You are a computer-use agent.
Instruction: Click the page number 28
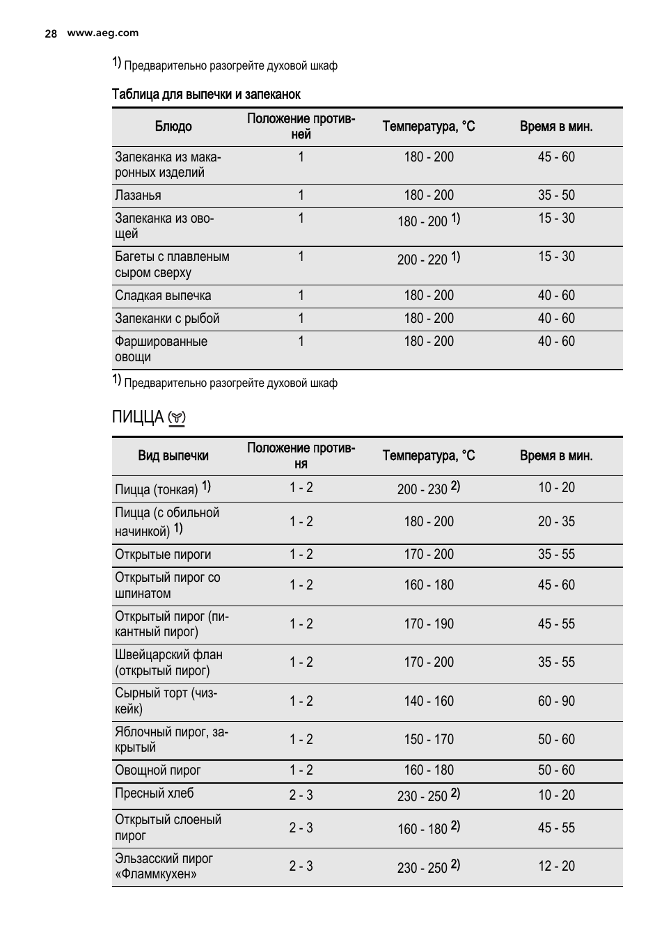click(50, 33)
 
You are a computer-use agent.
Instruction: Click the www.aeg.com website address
click(102, 33)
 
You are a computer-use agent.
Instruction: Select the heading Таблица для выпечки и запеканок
click(206, 94)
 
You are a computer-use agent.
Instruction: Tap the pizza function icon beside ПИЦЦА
click(177, 418)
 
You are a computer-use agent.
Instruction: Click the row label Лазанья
click(138, 196)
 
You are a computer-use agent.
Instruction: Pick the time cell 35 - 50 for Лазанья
click(556, 196)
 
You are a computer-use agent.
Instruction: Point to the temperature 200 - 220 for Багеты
click(422, 260)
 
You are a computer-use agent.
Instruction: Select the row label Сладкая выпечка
click(163, 296)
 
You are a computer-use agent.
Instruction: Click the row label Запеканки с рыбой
click(167, 319)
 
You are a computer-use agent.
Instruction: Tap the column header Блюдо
click(173, 127)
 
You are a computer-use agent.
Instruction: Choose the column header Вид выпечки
click(173, 456)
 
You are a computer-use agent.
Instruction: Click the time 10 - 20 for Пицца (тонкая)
click(556, 488)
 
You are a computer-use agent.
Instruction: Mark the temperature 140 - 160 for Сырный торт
click(429, 702)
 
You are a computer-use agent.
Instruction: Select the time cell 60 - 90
click(556, 702)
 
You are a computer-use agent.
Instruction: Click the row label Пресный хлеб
click(155, 793)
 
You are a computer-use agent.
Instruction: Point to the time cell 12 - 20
click(556, 867)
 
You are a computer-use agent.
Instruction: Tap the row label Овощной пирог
click(158, 770)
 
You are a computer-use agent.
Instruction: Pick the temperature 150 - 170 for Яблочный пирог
click(429, 740)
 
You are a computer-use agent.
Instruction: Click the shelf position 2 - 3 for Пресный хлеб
click(301, 795)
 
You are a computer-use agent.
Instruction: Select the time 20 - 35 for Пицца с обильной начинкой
click(556, 522)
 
